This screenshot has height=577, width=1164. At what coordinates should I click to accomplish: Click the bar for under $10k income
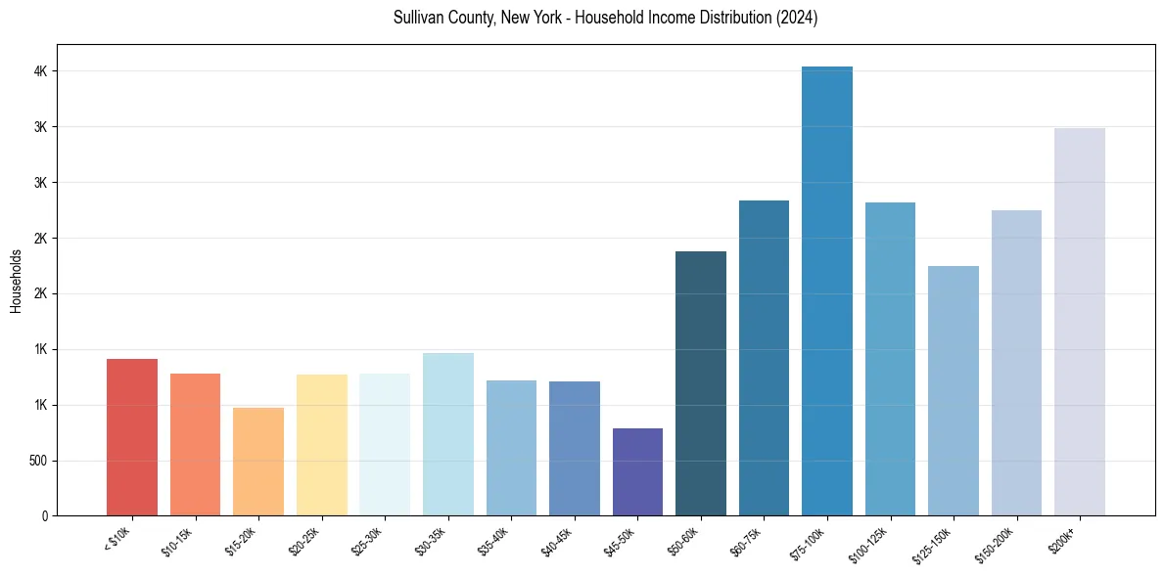[x=132, y=437]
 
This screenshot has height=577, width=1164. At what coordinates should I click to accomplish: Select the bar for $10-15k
[x=195, y=445]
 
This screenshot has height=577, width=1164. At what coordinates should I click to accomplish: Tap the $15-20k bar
[x=258, y=462]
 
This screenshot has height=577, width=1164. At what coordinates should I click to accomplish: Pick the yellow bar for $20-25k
[x=322, y=445]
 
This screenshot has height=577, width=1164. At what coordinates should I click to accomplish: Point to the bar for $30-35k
[x=448, y=434]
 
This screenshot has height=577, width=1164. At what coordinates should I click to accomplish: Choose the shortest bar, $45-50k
[x=637, y=472]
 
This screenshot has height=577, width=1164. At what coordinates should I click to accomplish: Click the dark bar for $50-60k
[x=701, y=383]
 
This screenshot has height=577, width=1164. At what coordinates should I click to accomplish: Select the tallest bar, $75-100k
[x=827, y=291]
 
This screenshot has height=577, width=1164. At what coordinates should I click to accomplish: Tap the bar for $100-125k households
[x=890, y=359]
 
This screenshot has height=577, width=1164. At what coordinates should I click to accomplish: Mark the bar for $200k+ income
[x=1080, y=322]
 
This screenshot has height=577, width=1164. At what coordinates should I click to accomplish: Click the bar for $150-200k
[x=1016, y=363]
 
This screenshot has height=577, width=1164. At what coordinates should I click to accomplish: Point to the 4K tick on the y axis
[x=41, y=71]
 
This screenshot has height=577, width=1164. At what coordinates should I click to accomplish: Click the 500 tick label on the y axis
[x=37, y=461]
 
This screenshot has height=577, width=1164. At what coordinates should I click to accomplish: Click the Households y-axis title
[x=16, y=281]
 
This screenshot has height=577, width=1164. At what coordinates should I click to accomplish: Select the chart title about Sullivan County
[x=605, y=19]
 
